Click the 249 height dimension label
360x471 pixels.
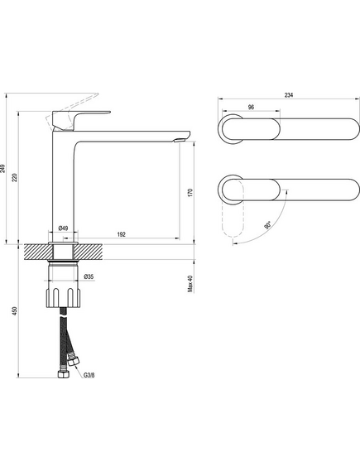[x=3, y=169]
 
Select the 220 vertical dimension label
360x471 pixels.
[x=15, y=177]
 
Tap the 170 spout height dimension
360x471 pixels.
[x=190, y=193]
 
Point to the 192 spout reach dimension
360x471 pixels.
[x=122, y=234]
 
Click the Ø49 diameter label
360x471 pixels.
[x=63, y=228]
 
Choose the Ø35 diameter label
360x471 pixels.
[x=89, y=276]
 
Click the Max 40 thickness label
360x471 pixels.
[x=190, y=284]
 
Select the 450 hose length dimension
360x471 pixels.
[x=15, y=311]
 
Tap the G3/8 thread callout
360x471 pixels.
[x=89, y=375]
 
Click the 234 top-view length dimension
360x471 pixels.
[x=289, y=95]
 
